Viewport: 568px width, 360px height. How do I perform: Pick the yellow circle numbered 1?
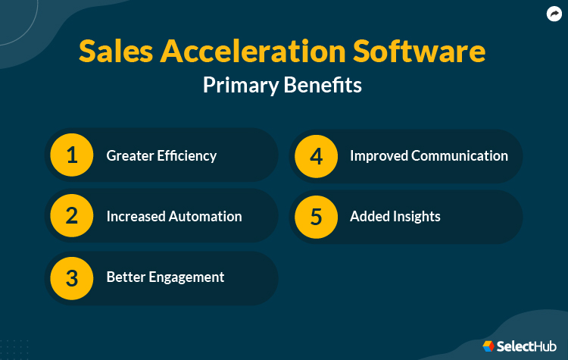pos(72,155)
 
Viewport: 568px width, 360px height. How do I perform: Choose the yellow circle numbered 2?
pos(72,216)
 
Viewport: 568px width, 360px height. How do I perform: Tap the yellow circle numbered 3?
pos(72,277)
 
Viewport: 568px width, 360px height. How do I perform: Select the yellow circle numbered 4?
pos(317,155)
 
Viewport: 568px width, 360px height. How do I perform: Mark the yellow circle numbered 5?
pos(317,216)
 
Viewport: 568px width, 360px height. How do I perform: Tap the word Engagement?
pos(187,277)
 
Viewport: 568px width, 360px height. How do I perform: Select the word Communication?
pos(460,155)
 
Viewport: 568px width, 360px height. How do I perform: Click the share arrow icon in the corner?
pos(554,14)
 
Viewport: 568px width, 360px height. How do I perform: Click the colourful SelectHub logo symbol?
pos(488,346)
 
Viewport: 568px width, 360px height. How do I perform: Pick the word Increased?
pos(132,216)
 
